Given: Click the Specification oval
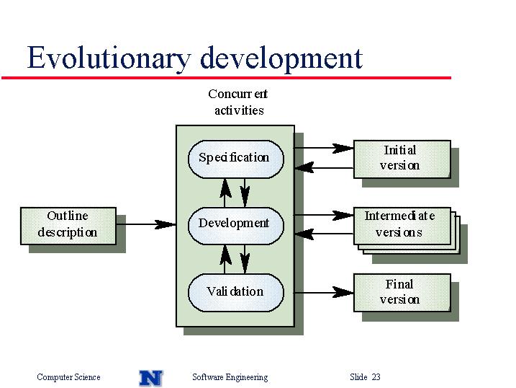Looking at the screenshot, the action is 235,159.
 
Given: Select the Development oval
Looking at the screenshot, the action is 235,226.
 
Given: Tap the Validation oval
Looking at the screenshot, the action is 235,293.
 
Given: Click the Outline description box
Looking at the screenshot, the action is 68,226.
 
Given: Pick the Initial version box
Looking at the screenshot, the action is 402,159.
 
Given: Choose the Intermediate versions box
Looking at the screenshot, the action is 402,226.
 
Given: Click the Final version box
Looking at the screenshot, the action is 402,293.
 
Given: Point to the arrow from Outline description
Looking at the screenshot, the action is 146,224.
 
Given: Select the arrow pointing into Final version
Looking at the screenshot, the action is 324,292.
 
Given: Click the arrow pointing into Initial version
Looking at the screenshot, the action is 324,148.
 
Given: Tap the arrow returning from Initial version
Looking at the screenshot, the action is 324,168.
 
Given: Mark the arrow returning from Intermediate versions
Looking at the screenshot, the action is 324,234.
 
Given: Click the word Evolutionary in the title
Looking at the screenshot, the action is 109,58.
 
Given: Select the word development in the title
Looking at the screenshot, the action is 281,58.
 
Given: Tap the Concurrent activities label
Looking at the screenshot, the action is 238,102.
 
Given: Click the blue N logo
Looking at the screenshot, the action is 151,378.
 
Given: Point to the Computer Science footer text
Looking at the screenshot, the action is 68,377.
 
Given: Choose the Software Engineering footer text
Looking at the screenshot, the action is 230,377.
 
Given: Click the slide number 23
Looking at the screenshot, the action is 376,376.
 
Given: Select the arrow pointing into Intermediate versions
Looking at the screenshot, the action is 324,215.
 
